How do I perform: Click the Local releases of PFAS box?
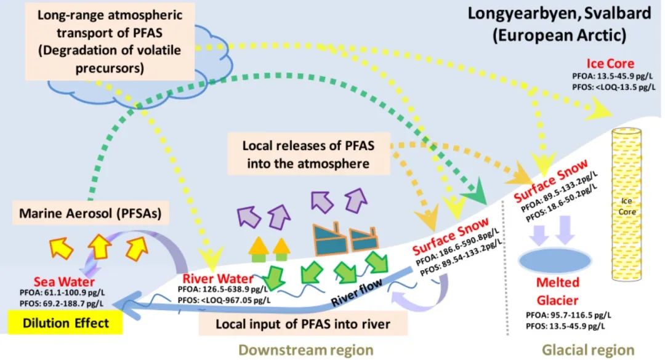[x=309, y=154]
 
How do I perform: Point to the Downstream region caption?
[x=305, y=350]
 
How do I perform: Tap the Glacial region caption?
[x=588, y=350]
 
